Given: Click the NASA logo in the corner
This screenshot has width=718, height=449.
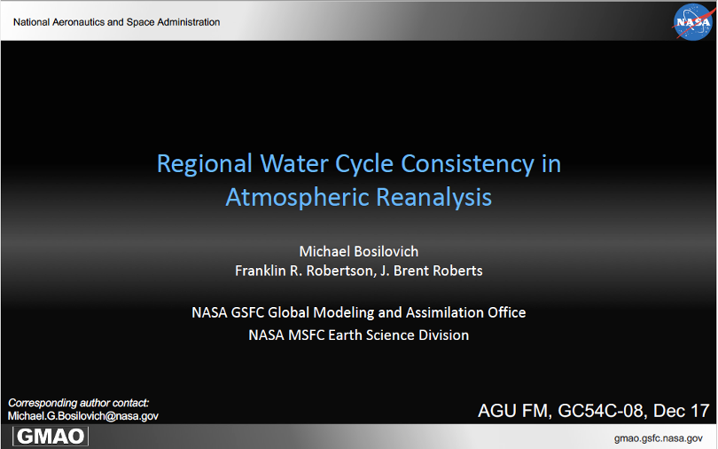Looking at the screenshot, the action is coord(693,22).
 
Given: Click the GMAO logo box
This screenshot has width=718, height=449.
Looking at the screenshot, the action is coord(51,437).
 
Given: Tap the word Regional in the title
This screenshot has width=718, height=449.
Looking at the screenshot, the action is coord(204,164).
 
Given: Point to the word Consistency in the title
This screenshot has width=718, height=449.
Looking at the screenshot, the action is coord(467,164).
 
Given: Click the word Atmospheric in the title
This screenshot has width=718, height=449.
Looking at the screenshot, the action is coord(298,198).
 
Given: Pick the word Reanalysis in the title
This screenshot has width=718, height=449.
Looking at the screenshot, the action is coord(434,198).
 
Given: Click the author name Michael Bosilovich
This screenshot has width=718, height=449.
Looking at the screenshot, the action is coord(358,251).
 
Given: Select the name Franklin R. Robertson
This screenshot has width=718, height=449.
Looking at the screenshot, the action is coord(304,271).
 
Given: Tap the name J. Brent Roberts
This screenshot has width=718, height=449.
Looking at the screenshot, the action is coord(432,271).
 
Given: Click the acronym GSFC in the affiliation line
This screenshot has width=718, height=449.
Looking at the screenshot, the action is coord(247,312).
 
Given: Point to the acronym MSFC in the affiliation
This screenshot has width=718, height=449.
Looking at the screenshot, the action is coord(307,335).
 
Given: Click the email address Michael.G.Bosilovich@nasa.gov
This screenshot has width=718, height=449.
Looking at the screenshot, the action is coord(83,416).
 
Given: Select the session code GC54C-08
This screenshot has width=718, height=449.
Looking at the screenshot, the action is coord(600,411).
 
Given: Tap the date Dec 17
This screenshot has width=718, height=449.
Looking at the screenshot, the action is coord(682,411).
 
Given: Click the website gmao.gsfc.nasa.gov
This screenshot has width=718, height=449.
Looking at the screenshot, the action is coord(658,438).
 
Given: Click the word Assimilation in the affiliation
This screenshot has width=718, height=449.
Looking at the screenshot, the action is coord(443,312).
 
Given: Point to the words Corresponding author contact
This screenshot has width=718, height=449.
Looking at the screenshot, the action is coord(78,403).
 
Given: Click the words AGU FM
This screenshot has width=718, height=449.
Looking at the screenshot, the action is coord(513,411).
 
